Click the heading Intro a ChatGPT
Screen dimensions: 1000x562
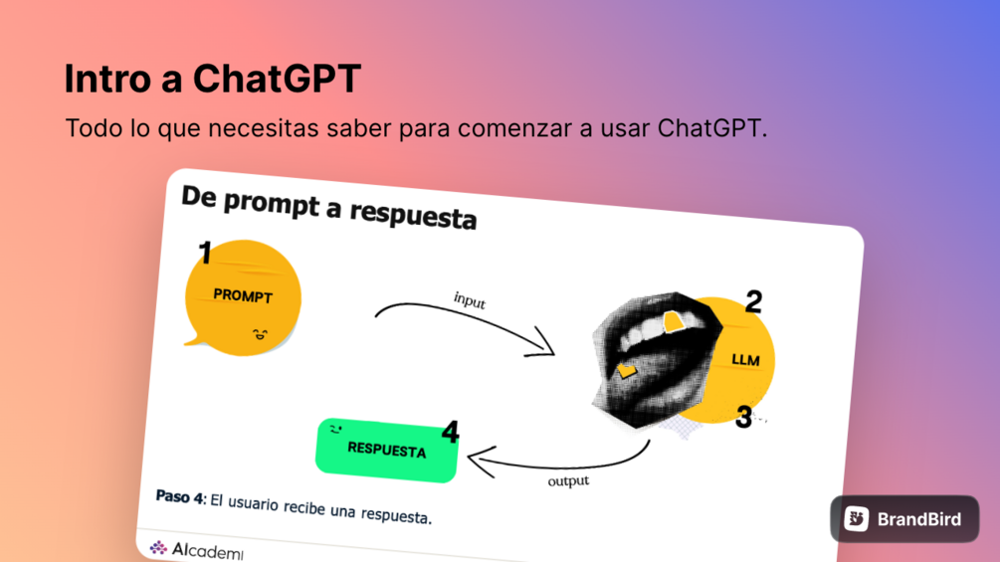[x=212, y=79]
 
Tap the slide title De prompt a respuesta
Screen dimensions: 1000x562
[x=328, y=207]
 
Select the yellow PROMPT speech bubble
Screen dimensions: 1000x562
[x=243, y=297]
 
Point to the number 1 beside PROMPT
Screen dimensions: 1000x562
[x=205, y=253]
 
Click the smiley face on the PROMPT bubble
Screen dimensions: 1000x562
[x=260, y=334]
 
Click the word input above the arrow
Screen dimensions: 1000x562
[x=470, y=299]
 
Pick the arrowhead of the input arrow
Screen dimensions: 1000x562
[x=541, y=344]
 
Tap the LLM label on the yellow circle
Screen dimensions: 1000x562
[x=745, y=360]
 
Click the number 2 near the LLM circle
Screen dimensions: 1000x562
[x=753, y=301]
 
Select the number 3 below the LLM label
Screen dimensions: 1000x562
[x=743, y=418]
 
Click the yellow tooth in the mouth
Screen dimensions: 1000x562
[x=674, y=321]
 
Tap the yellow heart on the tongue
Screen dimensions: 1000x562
[x=627, y=370]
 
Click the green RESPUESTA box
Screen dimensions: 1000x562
[x=386, y=450]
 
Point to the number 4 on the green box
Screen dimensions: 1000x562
[x=451, y=432]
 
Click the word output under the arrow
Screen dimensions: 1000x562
[x=568, y=480]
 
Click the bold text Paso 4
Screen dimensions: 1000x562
[x=180, y=497]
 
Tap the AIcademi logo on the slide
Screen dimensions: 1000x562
[x=196, y=549]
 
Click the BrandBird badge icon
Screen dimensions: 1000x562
[x=857, y=518]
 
